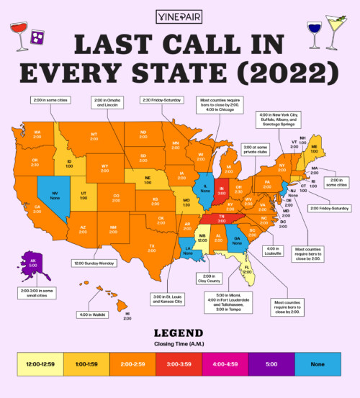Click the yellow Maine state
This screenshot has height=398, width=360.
click(314, 150)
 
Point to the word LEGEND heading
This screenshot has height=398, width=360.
click(179, 333)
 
